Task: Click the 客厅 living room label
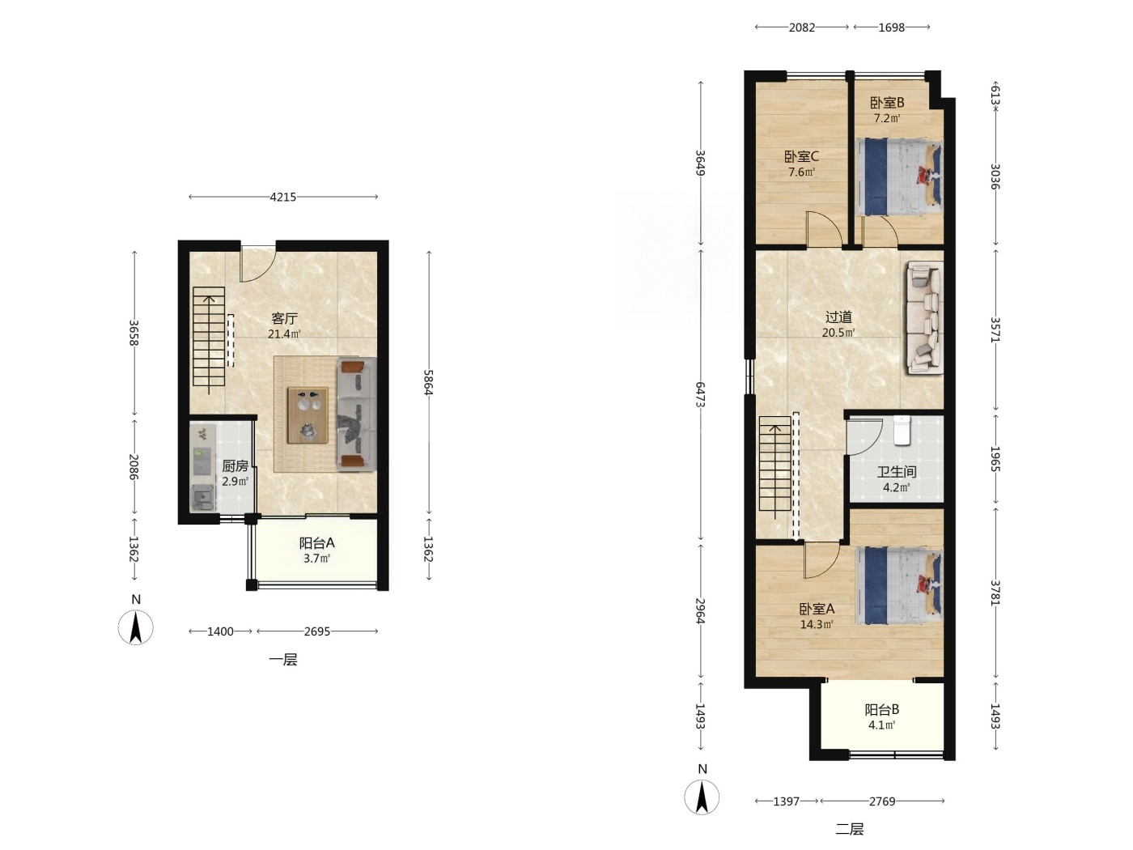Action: click(284, 318)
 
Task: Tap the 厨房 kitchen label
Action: click(235, 466)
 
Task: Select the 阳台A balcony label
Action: click(317, 543)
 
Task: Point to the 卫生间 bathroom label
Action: click(896, 472)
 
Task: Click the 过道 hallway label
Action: click(838, 317)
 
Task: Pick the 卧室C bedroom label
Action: click(802, 156)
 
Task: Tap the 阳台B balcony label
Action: click(881, 710)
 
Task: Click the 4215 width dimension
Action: click(283, 197)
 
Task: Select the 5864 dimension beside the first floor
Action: click(428, 382)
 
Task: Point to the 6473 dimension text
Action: click(700, 395)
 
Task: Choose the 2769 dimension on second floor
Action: click(881, 801)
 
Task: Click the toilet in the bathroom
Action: click(902, 430)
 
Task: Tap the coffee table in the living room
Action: click(308, 415)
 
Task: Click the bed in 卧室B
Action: click(898, 176)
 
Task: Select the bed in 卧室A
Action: click(898, 586)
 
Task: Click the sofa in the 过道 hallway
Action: click(925, 317)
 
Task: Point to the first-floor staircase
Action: click(209, 337)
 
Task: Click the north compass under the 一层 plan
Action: click(136, 627)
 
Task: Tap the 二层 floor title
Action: click(849, 829)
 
